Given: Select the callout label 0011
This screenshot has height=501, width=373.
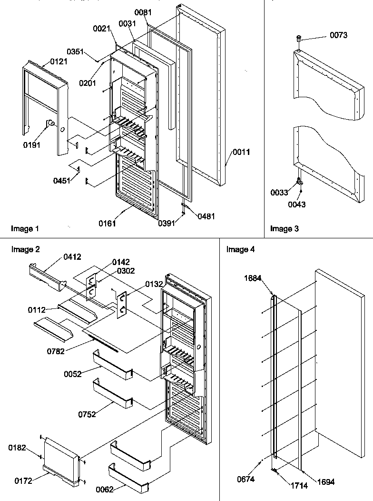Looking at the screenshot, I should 241,152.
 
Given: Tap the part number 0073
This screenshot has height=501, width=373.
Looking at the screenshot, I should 338,35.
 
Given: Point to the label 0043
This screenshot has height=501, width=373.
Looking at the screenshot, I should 297,204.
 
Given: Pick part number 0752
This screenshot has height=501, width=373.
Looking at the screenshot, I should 87,414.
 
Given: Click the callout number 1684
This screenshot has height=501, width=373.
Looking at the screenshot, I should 253,278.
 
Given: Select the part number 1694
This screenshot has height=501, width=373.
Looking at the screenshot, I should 325,482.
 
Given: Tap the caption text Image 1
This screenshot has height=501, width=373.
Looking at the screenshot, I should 25,229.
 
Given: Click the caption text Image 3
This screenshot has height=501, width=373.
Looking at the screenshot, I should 285,229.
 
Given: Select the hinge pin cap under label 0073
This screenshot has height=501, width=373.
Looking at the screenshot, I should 299,38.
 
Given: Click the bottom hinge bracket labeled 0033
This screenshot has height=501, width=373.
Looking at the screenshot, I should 300,181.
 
